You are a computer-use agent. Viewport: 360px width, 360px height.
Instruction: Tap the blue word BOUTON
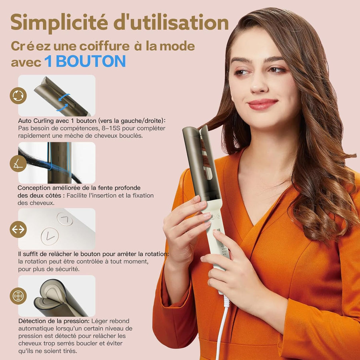(91, 61)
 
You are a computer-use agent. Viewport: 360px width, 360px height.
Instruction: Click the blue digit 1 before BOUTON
(48, 61)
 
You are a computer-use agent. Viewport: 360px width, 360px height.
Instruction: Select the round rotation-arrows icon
(18, 96)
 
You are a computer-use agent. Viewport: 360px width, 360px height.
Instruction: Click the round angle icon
(18, 163)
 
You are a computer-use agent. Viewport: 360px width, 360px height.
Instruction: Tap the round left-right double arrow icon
(18, 229)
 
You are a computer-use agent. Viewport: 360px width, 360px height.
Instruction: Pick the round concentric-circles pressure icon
(18, 296)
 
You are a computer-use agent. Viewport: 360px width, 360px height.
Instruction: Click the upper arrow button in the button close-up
(65, 220)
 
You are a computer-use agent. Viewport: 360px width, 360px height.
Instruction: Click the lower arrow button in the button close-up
(50, 236)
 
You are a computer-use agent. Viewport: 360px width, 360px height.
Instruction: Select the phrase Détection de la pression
(54, 321)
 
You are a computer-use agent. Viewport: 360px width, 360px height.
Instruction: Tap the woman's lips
(262, 104)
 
